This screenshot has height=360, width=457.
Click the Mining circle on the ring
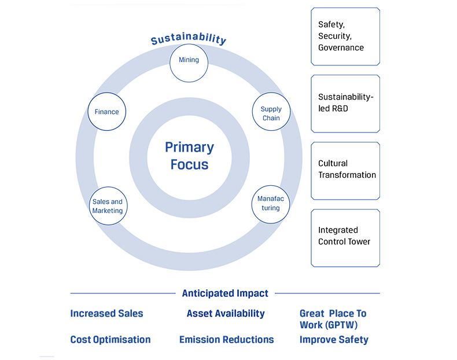pos(189,60)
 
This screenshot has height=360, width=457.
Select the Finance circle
pos(107,112)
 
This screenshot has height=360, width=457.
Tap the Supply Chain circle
pos(271,113)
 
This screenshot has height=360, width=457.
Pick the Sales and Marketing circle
pos(108,206)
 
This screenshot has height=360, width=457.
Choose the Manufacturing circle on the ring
pos(270,204)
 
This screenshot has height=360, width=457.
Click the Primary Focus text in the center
pos(189,156)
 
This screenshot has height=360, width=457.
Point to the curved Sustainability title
pos(189,39)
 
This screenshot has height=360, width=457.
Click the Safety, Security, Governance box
pos(345,36)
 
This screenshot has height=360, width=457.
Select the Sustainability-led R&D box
pos(345,103)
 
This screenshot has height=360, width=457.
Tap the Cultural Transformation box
pos(345,170)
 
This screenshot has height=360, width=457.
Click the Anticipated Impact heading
pos(225,293)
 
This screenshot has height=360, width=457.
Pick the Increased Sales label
pos(106,314)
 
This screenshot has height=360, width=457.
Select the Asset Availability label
pos(225,314)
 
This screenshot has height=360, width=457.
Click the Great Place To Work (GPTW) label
pos(333,319)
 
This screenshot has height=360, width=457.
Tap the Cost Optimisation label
pos(110,340)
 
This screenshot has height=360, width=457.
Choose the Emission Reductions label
pos(226,340)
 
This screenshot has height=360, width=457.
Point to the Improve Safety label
pos(334,340)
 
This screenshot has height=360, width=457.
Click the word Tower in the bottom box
pos(358,241)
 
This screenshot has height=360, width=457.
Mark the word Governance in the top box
pos(341,47)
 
